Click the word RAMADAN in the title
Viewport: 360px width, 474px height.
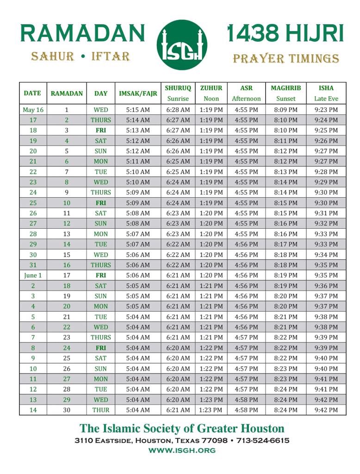click(x=83, y=33)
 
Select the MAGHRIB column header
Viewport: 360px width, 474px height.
click(x=286, y=88)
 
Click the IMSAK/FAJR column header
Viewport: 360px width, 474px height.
click(x=138, y=93)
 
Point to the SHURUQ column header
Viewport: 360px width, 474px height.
click(x=178, y=88)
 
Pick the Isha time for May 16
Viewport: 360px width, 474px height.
click(x=326, y=110)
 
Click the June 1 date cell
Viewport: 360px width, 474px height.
click(x=33, y=275)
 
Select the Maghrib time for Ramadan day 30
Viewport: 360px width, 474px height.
click(x=286, y=410)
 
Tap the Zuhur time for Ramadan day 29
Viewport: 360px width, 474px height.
click(x=211, y=400)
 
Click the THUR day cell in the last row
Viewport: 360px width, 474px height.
click(x=101, y=410)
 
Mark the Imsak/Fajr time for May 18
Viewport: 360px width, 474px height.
click(x=138, y=131)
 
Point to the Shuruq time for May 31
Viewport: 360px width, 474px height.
click(x=178, y=265)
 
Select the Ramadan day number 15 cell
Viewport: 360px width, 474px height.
click(x=67, y=255)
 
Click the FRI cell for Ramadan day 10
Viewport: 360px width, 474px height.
click(x=101, y=203)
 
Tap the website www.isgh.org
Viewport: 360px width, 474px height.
click(x=182, y=450)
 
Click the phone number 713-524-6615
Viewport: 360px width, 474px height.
click(x=263, y=440)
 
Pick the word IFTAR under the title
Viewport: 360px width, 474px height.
click(x=110, y=57)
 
